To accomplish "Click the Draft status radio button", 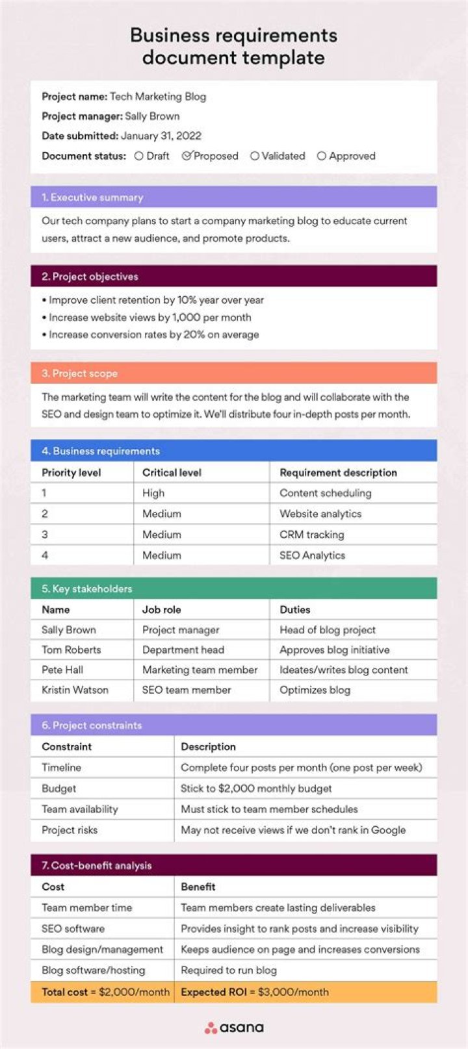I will click(139, 156).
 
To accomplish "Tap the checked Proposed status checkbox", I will click(187, 156).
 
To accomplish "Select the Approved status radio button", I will click(321, 156).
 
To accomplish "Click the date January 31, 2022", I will click(161, 136).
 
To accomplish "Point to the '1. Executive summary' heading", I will click(92, 197).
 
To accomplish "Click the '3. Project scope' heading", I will click(79, 373).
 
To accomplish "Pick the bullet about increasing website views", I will click(149, 318).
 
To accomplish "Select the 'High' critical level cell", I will click(153, 493).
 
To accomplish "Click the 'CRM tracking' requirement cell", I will click(312, 535).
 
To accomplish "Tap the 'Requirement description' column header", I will click(338, 473).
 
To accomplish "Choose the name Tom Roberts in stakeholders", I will click(71, 650).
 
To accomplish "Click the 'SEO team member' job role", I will click(187, 690).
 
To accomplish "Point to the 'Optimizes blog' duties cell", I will click(315, 690).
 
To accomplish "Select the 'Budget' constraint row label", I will click(59, 789).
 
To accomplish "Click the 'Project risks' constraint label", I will click(70, 830).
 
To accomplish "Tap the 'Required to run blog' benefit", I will click(229, 970).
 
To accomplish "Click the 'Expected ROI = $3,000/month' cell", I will click(255, 992).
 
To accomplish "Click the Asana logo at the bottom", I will click(234, 1028).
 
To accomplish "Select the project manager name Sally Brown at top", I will click(152, 116).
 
